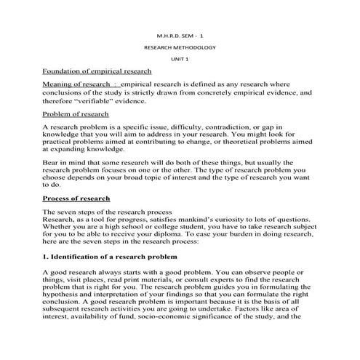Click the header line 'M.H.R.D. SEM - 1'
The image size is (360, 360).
click(x=180, y=34)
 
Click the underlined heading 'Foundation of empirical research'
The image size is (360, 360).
click(x=97, y=71)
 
